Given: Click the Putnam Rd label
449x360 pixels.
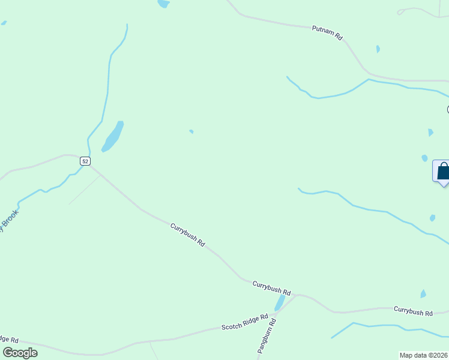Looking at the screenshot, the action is [327, 32].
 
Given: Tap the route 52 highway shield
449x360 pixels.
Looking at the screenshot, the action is [85, 161].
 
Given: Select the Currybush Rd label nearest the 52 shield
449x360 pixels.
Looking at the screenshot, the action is [188, 235].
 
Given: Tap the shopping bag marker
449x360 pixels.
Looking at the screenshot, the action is [442, 172].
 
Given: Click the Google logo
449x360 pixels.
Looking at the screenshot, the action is [20, 353].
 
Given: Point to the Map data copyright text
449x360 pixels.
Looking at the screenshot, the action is [423, 355].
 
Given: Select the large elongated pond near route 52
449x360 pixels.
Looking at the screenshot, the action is [113, 136].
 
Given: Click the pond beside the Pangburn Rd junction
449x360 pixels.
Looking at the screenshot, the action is [280, 302].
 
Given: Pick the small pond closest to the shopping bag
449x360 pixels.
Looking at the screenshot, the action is [424, 158].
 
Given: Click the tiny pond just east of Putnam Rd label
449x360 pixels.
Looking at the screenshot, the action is [378, 49].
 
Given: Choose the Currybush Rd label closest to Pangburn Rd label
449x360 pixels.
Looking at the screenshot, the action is [271, 287].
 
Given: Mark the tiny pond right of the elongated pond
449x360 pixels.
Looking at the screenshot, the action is [191, 131].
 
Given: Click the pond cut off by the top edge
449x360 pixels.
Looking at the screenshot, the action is [163, 4].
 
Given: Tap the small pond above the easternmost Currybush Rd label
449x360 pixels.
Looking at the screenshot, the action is [423, 294].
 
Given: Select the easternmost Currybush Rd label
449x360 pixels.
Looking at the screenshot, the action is [413, 311].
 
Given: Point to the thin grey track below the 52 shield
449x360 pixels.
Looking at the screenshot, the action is [84, 189].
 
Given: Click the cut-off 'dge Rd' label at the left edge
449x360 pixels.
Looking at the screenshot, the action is [9, 340].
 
